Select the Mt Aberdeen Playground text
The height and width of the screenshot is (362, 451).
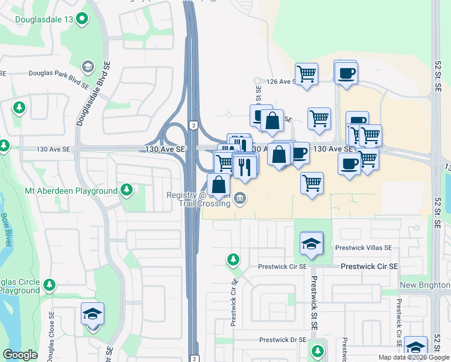click(71, 191)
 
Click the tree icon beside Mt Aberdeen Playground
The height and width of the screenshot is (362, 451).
click(127, 191)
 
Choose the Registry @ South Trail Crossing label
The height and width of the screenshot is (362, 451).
click(198, 199)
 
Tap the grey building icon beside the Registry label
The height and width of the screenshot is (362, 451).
click(240, 198)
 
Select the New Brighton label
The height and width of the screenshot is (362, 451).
click(424, 285)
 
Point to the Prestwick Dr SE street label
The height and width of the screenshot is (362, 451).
click(283, 340)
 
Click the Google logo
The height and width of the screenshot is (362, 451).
click(20, 355)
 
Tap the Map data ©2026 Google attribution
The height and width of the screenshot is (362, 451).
click(414, 357)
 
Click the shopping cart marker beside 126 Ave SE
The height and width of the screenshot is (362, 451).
click(307, 74)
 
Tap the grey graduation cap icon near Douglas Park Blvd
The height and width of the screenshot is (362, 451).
click(88, 66)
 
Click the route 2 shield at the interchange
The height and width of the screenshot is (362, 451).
click(193, 125)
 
